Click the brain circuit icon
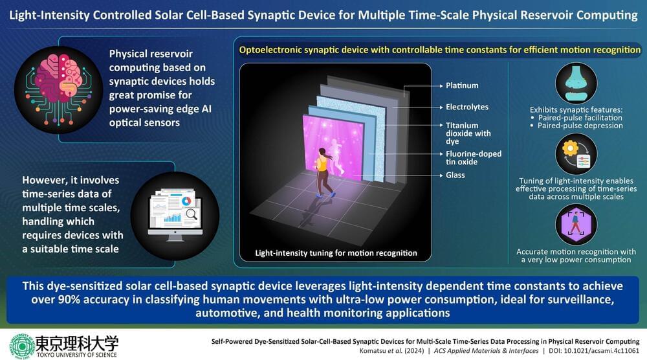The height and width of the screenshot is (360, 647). pyautogui.click(x=58, y=89)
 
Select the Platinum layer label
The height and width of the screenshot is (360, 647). pyautogui.click(x=462, y=85)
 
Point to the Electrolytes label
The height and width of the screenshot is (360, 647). pyautogui.click(x=467, y=107)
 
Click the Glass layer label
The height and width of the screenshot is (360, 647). pyautogui.click(x=455, y=175)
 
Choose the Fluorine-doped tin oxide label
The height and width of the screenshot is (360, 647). pyautogui.click(x=474, y=158)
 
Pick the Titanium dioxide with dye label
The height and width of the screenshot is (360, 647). pyautogui.click(x=468, y=133)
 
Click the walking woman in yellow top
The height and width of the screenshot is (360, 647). pyautogui.click(x=324, y=172)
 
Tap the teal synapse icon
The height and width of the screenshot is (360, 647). pyautogui.click(x=576, y=83)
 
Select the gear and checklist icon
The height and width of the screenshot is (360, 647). pyautogui.click(x=576, y=154)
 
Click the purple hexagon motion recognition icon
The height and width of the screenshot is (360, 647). pyautogui.click(x=576, y=225)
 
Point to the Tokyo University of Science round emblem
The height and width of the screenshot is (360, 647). pyautogui.click(x=22, y=346)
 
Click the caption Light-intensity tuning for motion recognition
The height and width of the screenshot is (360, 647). pyautogui.click(x=336, y=253)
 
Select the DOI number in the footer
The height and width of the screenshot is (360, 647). pyautogui.click(x=602, y=351)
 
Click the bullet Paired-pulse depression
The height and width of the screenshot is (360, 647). pyautogui.click(x=580, y=126)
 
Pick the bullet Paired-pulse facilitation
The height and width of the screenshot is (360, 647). pyautogui.click(x=580, y=118)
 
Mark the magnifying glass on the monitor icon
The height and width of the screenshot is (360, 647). pyautogui.click(x=192, y=214)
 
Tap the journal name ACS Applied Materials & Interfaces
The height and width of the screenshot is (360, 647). pyautogui.click(x=486, y=351)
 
